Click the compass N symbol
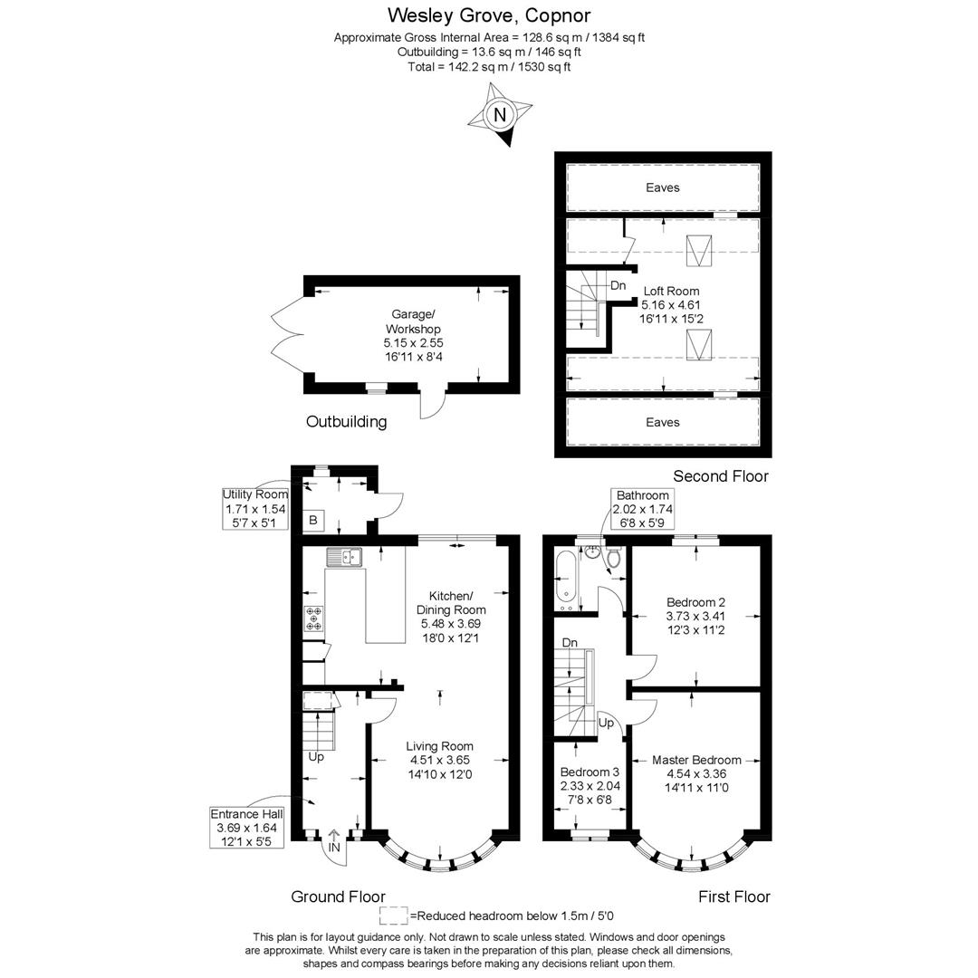(499, 115)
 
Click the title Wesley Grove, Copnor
(489, 15)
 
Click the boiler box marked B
(313, 520)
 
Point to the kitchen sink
(344, 557)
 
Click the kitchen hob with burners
(313, 618)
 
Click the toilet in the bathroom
(614, 559)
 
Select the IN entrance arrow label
(334, 848)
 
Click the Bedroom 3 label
(590, 772)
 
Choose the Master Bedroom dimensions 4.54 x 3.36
(695, 774)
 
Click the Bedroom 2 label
(695, 602)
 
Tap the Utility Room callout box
(255, 509)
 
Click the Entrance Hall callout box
(246, 828)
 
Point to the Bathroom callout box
(643, 508)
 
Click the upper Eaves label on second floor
(662, 187)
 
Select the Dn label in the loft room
(618, 285)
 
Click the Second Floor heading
(720, 475)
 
